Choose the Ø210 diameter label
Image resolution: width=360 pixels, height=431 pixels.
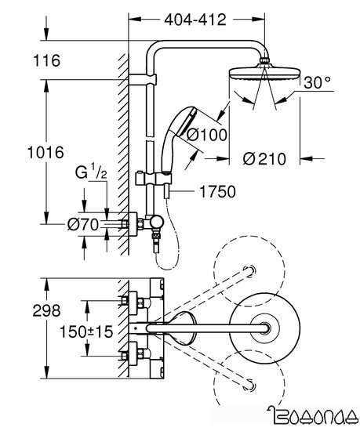260,158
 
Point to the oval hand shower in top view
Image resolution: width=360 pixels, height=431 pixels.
182,324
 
